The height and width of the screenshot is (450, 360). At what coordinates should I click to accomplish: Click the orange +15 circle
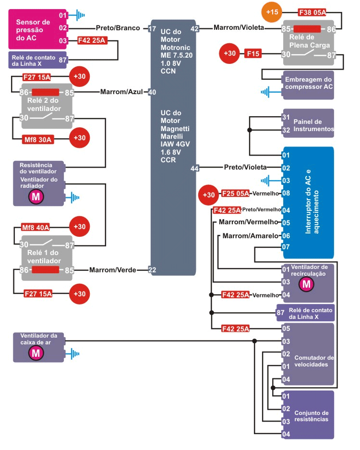click(x=272, y=13)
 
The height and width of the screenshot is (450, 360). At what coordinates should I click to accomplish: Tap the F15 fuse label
click(x=253, y=54)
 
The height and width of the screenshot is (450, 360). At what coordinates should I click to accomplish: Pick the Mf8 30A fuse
click(x=39, y=140)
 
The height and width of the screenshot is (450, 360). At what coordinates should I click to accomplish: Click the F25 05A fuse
click(x=235, y=195)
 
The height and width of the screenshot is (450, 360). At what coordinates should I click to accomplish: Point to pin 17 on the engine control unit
click(x=152, y=28)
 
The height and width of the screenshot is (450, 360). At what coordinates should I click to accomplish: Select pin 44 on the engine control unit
click(x=194, y=168)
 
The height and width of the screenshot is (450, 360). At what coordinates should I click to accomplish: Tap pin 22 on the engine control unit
click(x=152, y=270)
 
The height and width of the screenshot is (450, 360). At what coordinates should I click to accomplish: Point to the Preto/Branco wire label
click(x=118, y=28)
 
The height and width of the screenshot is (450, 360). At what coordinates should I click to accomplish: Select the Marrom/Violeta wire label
click(x=239, y=28)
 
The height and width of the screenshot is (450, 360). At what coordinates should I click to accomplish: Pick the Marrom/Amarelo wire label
click(x=250, y=236)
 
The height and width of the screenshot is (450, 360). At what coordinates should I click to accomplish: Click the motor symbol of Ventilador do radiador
click(x=35, y=196)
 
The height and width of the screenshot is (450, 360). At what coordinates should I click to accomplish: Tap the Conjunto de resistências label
click(x=311, y=416)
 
